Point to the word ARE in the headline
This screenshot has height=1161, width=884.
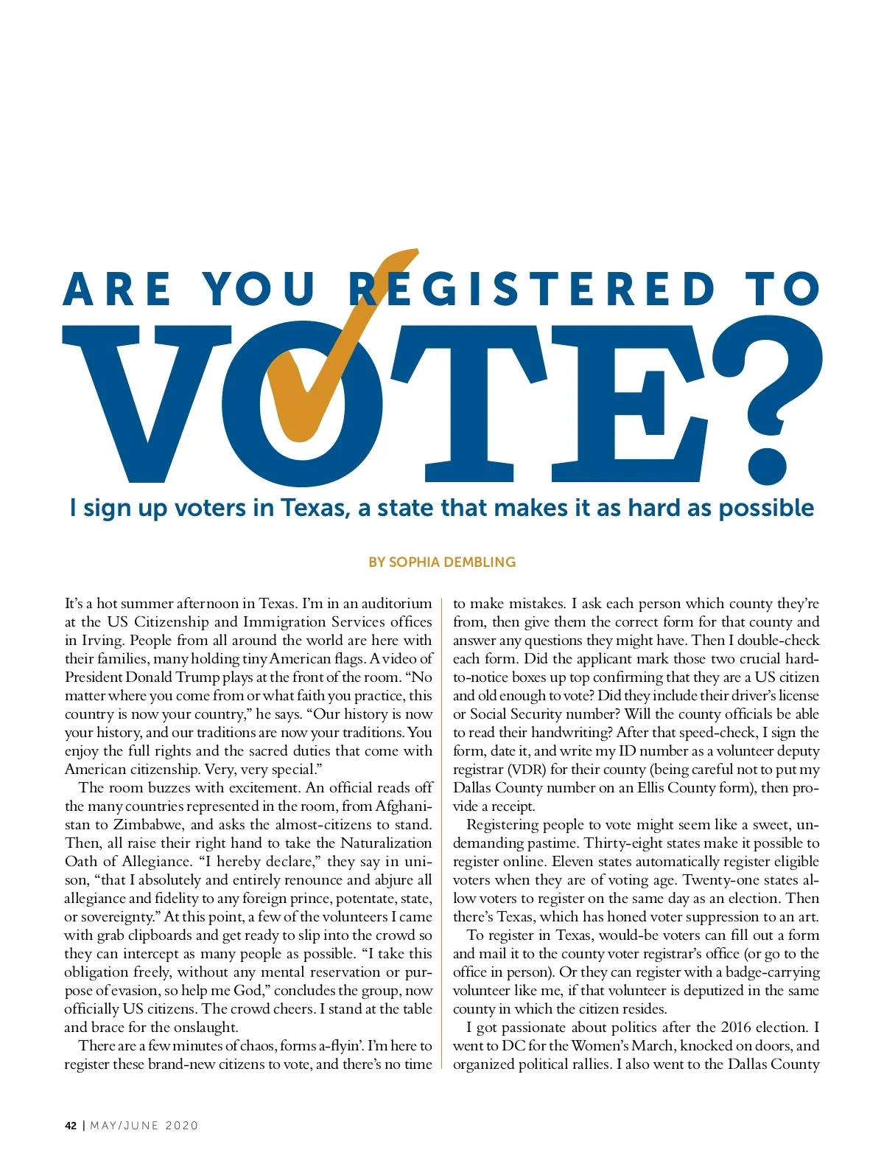(118, 289)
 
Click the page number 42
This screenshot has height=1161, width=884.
(71, 1126)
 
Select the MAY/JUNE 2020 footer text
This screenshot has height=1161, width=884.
(144, 1126)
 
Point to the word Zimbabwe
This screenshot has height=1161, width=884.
(147, 825)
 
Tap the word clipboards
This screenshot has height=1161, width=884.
(164, 935)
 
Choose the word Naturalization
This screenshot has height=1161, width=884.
(386, 843)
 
